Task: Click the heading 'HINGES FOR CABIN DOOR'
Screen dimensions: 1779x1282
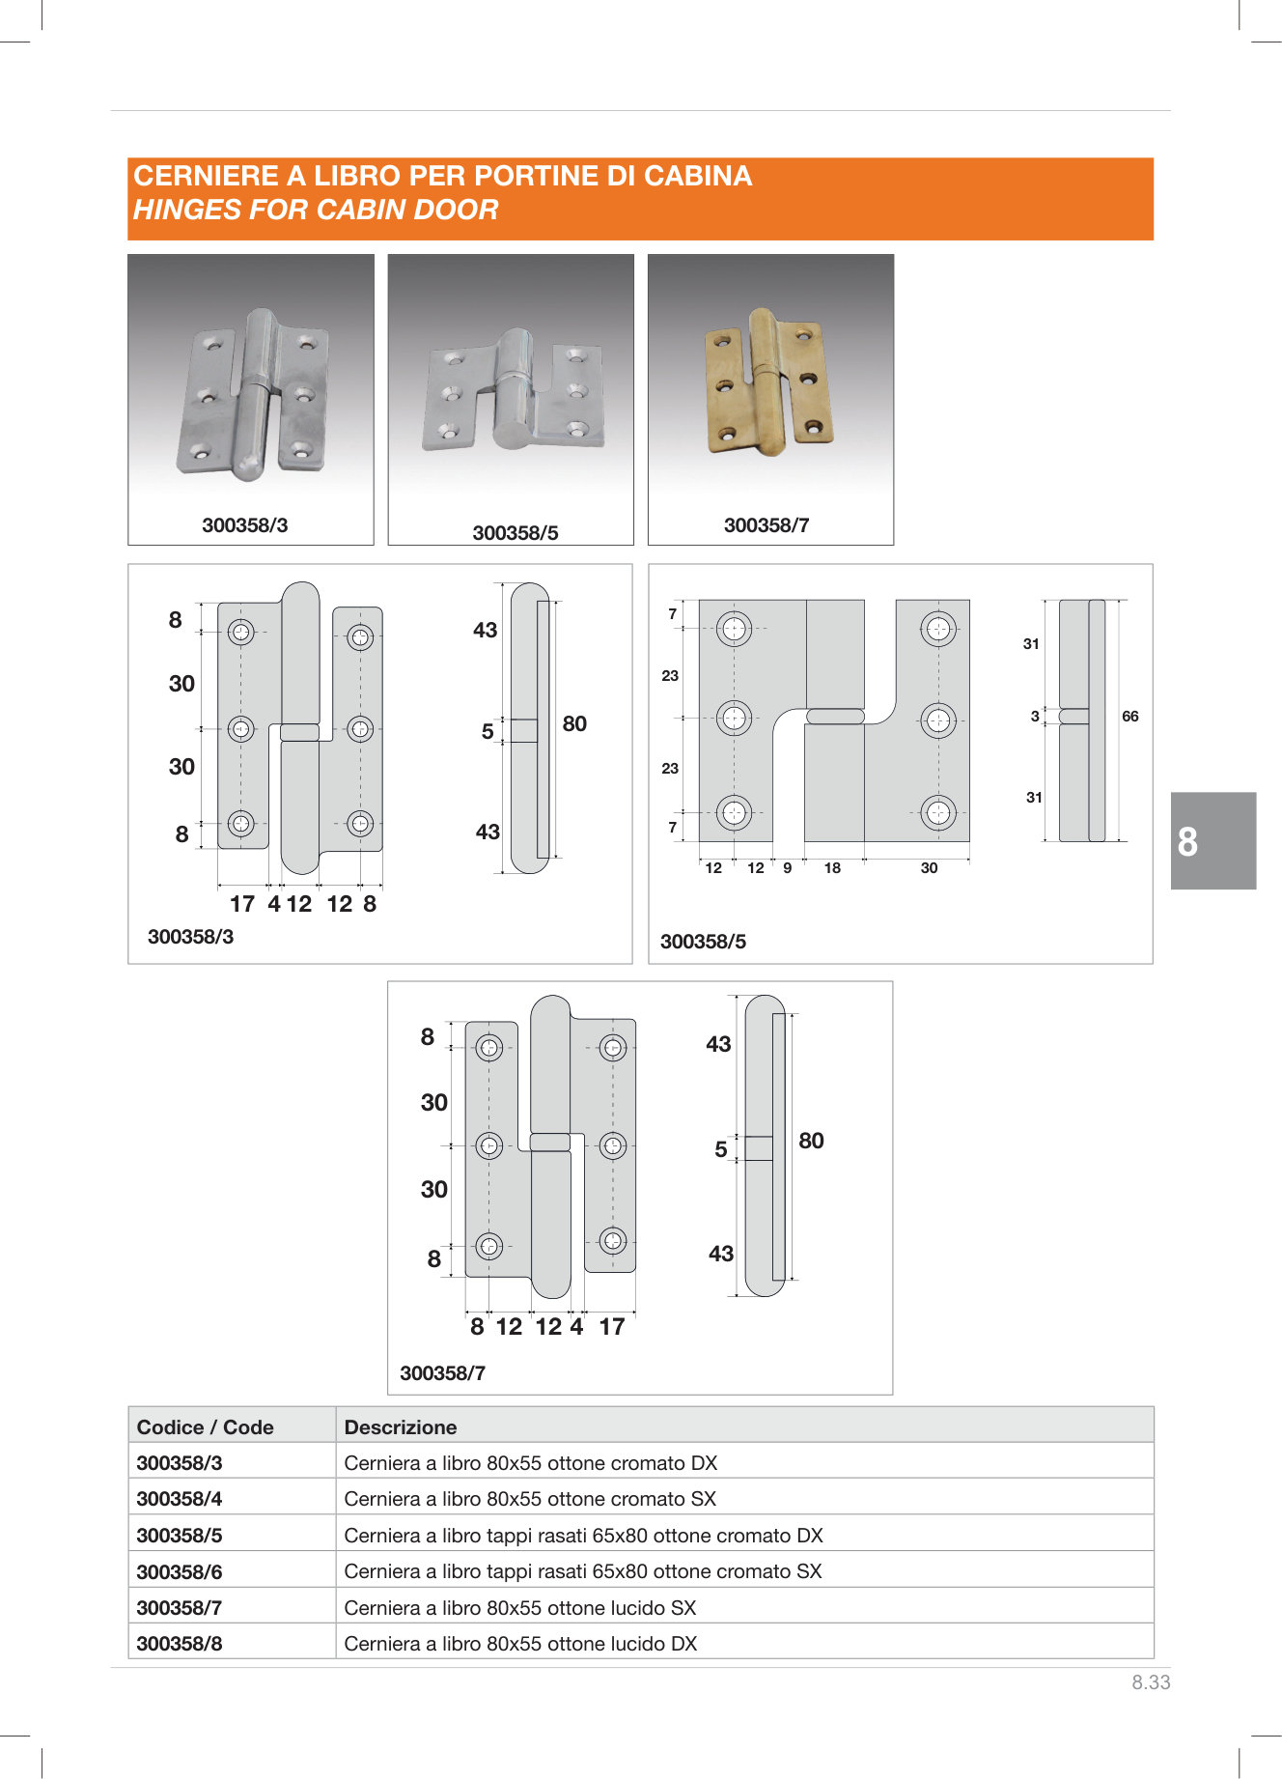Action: coord(316,210)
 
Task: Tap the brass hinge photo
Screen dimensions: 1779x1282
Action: coord(768,383)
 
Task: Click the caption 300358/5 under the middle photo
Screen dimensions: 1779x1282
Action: coord(515,533)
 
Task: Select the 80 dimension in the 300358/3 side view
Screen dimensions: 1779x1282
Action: coord(574,723)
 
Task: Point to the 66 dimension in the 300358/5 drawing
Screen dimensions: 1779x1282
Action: coord(1129,717)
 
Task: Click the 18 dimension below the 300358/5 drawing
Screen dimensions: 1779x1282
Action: coord(832,868)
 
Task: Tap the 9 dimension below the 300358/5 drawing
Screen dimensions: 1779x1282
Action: coord(788,868)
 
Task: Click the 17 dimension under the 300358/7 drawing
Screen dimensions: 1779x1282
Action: coord(611,1327)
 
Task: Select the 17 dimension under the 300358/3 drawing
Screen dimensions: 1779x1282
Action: coord(241,904)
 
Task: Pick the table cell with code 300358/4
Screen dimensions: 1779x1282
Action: coord(180,1499)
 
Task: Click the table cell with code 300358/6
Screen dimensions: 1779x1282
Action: coord(180,1571)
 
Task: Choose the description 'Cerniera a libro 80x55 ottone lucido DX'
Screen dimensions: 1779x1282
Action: coord(520,1644)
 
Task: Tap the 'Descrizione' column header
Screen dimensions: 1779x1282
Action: coord(401,1427)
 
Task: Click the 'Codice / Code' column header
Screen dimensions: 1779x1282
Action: coord(205,1427)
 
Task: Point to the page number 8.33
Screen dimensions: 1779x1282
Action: coord(1151,1682)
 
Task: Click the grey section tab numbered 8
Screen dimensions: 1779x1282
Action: coord(1212,841)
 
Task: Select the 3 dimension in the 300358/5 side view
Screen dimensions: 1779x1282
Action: coord(1035,717)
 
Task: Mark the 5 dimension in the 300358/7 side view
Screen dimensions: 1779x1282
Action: coord(720,1149)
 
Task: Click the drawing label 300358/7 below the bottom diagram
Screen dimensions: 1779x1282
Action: coord(442,1373)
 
